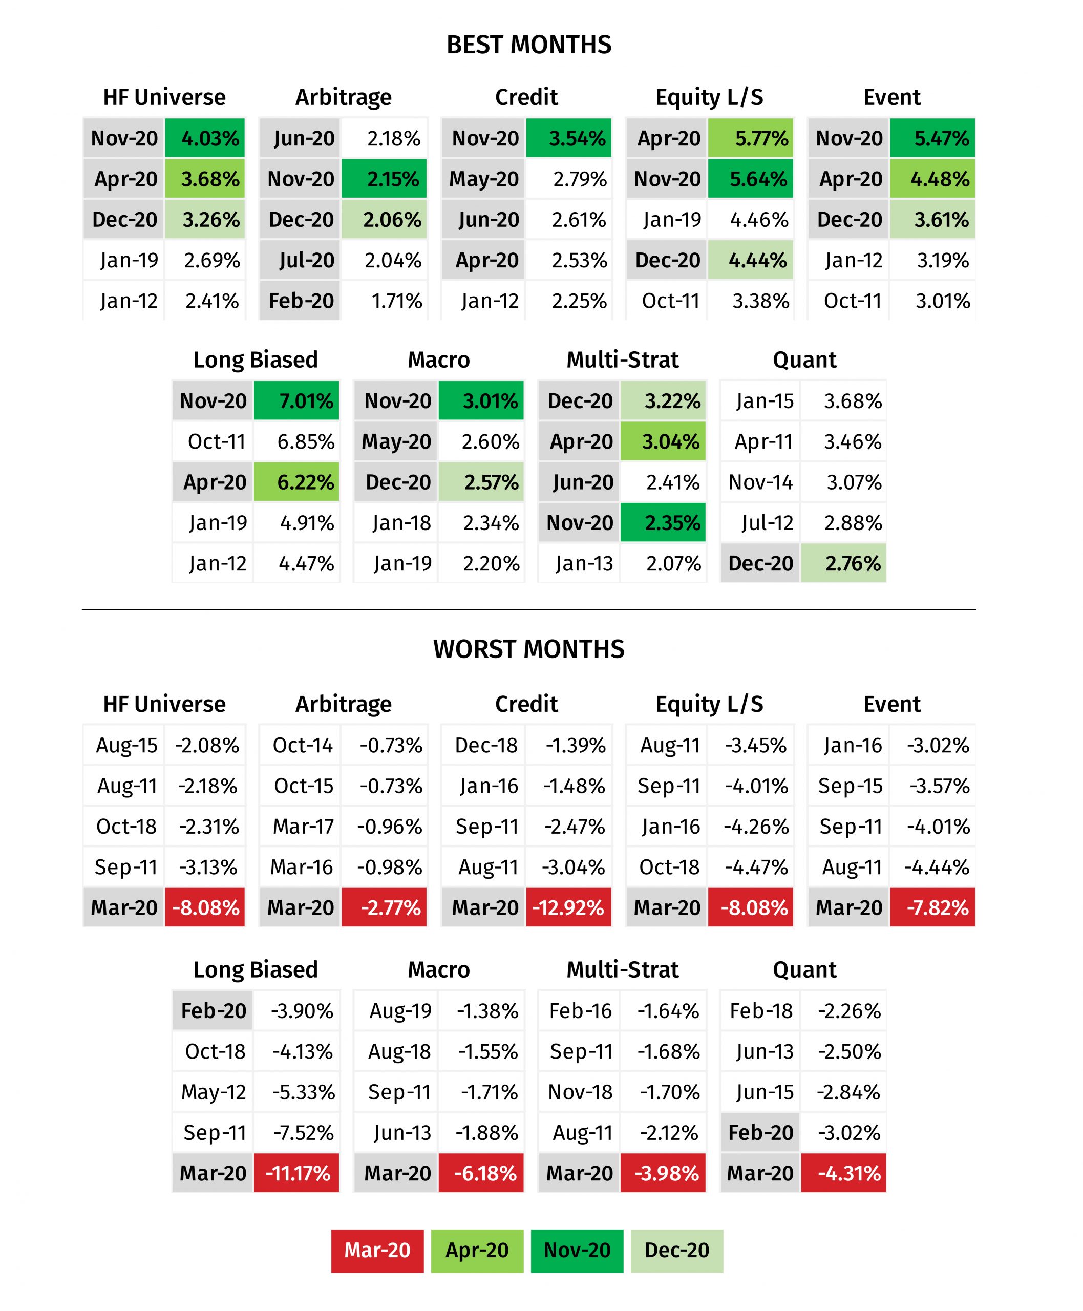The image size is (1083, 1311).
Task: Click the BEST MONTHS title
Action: (x=529, y=45)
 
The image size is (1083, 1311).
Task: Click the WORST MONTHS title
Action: (x=529, y=649)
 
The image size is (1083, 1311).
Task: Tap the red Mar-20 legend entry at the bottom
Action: (x=377, y=1251)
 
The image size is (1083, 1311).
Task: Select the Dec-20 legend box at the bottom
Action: (x=677, y=1251)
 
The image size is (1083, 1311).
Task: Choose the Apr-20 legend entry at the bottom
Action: (x=477, y=1251)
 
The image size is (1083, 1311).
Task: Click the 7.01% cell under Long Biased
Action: (x=296, y=400)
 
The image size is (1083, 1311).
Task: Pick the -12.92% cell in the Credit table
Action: (x=569, y=907)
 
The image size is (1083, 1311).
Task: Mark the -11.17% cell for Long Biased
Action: (x=296, y=1173)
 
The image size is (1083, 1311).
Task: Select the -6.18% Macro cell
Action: (x=481, y=1173)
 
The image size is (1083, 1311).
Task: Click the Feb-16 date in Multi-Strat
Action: (x=580, y=1011)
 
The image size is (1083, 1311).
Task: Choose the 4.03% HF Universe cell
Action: (x=205, y=138)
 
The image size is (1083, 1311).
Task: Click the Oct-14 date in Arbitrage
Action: (x=303, y=745)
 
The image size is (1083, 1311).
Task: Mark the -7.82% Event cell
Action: (x=932, y=907)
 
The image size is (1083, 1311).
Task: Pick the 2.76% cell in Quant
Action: (x=843, y=563)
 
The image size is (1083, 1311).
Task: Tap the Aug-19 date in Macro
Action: (x=400, y=1011)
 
